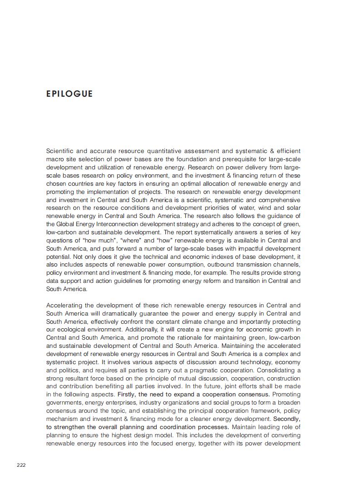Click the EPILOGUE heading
[x=69, y=94]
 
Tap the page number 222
[x=21, y=465]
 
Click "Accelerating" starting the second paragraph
[x=64, y=306]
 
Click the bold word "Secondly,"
[x=287, y=419]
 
